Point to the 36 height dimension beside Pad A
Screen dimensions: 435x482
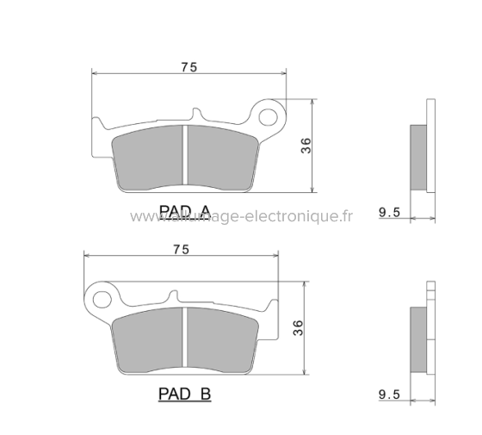coord(306,146)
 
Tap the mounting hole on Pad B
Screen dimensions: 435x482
coord(104,299)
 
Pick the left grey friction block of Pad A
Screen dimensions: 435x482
coord(151,158)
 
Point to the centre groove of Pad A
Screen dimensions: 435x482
coord(187,158)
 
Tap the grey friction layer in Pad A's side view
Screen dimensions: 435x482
coord(417,158)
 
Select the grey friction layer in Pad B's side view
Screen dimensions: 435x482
coord(417,339)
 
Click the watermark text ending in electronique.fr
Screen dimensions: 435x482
coord(241,217)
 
